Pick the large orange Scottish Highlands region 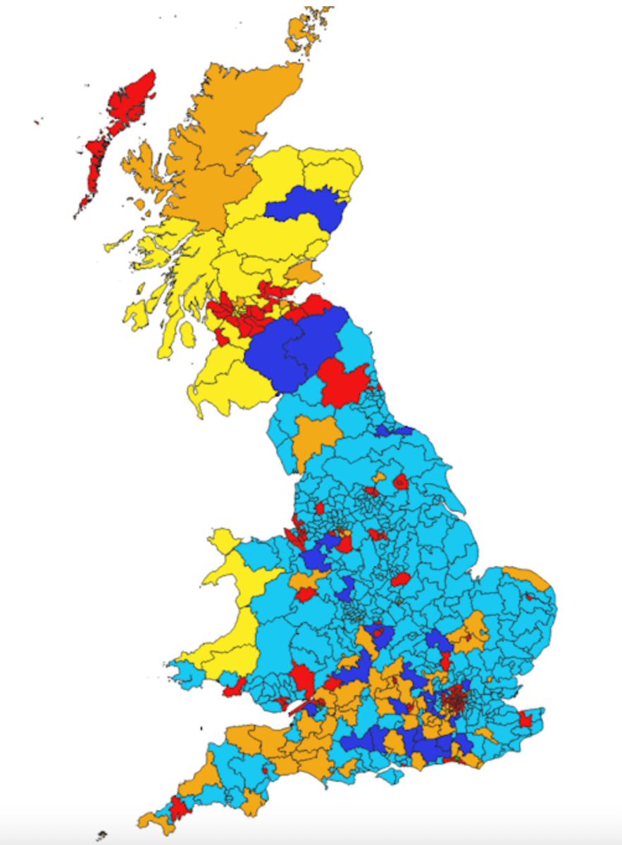218,141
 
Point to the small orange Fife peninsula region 305,271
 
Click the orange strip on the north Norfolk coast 528,576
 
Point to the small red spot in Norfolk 529,596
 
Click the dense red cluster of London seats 453,701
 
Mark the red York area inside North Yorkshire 401,482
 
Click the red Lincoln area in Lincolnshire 399,580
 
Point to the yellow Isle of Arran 186,334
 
